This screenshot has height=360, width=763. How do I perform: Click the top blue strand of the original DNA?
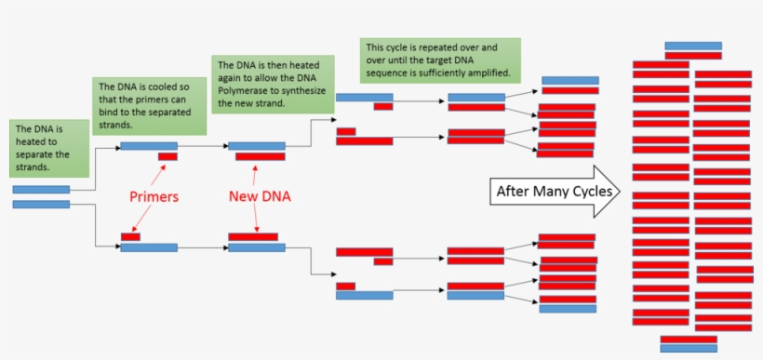(x=41, y=190)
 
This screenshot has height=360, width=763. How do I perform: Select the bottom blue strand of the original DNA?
(x=41, y=204)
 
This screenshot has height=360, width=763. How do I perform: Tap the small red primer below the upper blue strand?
(x=167, y=156)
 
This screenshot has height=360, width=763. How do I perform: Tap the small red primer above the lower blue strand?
(x=130, y=236)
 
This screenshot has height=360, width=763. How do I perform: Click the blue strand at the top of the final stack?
(x=692, y=46)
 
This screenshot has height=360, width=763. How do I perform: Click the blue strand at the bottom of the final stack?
(x=689, y=349)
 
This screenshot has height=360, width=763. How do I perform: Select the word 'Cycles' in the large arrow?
(x=589, y=192)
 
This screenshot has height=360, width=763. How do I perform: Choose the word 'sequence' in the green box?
(x=388, y=73)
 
